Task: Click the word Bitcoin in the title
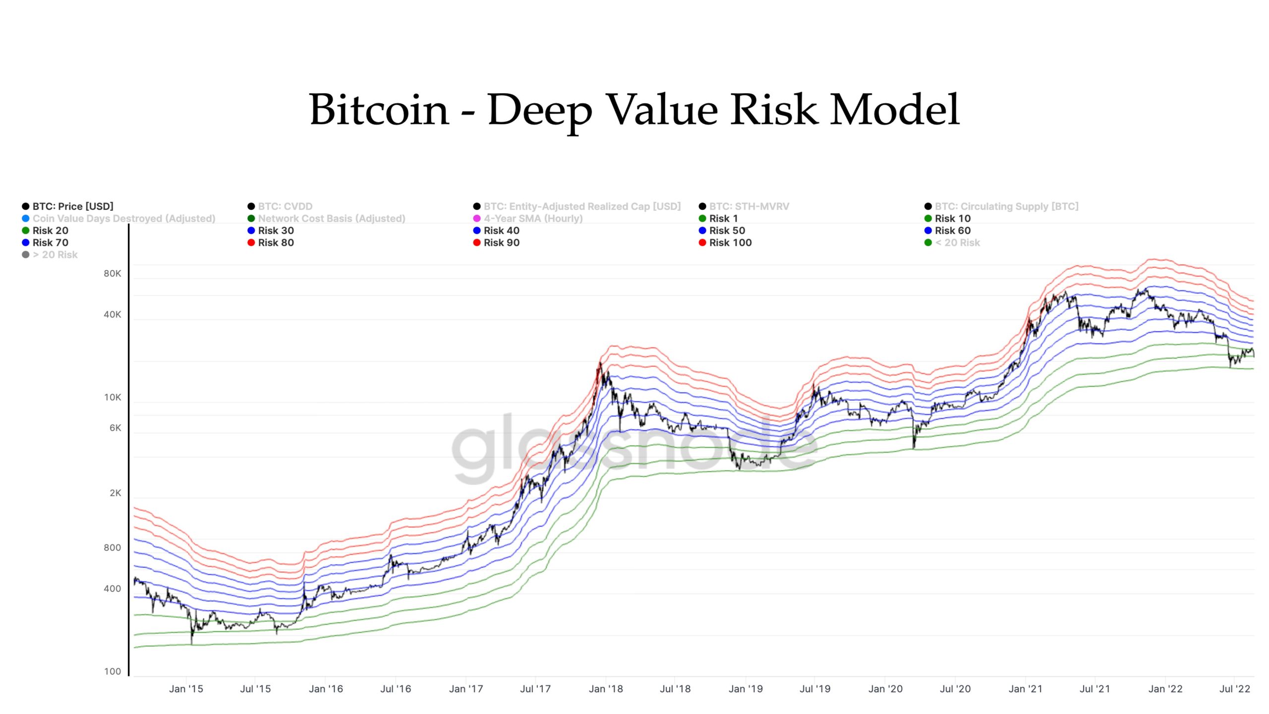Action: point(379,110)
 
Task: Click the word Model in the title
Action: point(895,110)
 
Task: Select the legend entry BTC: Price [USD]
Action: point(72,206)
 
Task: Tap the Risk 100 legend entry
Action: point(730,242)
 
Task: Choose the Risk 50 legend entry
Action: point(726,231)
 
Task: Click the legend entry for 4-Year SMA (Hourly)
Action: point(533,218)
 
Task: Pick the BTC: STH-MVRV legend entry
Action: point(749,206)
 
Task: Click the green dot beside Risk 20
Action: point(26,231)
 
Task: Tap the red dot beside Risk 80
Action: point(251,242)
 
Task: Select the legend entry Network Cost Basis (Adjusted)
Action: point(331,218)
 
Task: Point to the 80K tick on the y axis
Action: point(113,274)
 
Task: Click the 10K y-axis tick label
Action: point(113,397)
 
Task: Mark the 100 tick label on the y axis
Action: point(113,671)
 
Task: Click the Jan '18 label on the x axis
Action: point(606,689)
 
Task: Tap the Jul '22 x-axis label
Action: point(1235,689)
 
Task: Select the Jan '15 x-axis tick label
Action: point(186,689)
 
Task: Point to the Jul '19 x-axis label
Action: point(815,689)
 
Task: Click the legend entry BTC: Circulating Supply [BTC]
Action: point(1006,206)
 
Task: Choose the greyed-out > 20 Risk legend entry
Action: point(55,255)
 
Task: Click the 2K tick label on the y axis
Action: point(115,493)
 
